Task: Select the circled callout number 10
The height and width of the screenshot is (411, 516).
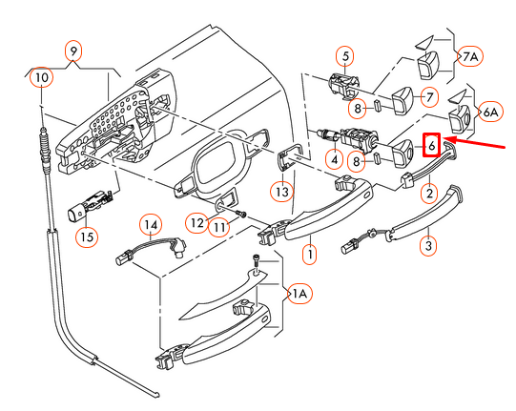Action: pos(40,75)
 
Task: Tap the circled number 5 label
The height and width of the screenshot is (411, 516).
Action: pos(344,55)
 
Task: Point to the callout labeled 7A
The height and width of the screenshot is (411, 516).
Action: pos(471,56)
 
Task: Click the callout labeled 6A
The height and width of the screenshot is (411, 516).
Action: pos(489,113)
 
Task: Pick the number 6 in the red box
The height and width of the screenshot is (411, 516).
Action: pos(431,145)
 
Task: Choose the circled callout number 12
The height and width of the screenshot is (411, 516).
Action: pos(196,223)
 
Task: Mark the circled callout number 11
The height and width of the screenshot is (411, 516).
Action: pos(220,227)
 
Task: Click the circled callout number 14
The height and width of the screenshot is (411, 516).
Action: pos(150,225)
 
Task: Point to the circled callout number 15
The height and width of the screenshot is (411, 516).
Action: pos(88,234)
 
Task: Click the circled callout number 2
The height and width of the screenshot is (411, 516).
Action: pos(429,194)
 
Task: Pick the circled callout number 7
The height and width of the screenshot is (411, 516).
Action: pos(429,96)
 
